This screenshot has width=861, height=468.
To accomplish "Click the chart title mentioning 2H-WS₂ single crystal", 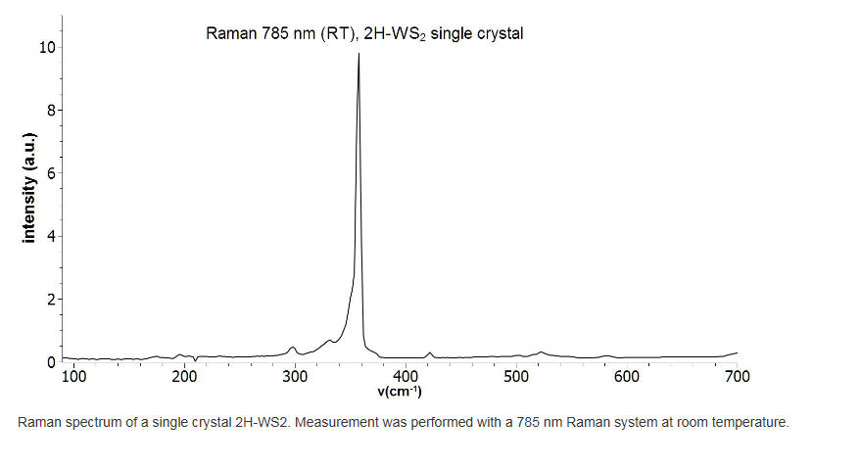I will [364, 33].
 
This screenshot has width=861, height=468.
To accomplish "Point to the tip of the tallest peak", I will [359, 54].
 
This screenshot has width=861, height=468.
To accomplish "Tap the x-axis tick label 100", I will [74, 377].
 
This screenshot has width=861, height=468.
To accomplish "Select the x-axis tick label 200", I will [185, 377].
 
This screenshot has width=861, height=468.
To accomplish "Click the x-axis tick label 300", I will [296, 377].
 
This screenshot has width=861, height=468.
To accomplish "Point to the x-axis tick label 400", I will [406, 377].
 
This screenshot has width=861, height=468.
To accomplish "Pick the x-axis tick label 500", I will [516, 377].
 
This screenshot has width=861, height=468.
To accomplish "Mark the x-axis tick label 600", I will [627, 377].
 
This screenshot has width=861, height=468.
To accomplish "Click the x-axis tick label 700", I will [737, 377].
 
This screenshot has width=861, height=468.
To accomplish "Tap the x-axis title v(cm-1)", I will [400, 392].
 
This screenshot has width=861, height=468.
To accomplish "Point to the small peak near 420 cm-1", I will [429, 352].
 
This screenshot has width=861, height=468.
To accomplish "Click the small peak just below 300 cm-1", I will [292, 347].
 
